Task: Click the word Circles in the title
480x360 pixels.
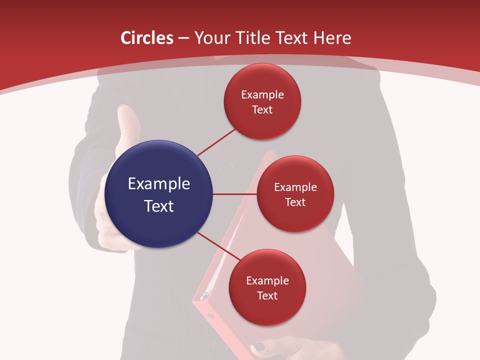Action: [x=146, y=38]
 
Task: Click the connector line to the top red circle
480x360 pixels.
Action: [x=216, y=142]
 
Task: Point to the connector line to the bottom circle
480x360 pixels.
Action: [x=219, y=246]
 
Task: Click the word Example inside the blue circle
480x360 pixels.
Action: [x=159, y=184]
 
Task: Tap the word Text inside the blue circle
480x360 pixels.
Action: [x=159, y=206]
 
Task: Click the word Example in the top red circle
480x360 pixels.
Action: [x=262, y=95]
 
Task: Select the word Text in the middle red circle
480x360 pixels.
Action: [x=295, y=202]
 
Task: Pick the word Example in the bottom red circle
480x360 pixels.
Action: [x=267, y=281]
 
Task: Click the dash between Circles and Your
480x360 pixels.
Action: [x=183, y=38]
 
